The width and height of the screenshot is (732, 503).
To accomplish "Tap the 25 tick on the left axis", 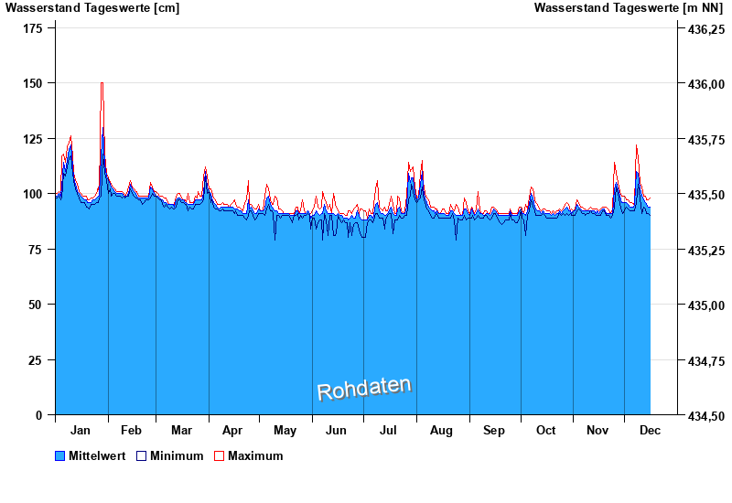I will click(x=38, y=360).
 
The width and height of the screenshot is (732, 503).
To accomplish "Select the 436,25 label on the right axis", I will click(x=705, y=29).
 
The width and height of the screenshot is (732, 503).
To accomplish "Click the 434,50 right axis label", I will click(x=705, y=416).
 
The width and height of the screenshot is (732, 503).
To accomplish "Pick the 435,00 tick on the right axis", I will click(x=705, y=305).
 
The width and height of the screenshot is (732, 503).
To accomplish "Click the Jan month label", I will click(x=81, y=430).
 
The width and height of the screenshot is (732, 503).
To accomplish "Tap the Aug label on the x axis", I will click(x=441, y=430).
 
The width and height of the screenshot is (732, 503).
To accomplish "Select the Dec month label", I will click(x=650, y=430).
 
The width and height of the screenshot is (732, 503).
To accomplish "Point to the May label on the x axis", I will click(x=285, y=430).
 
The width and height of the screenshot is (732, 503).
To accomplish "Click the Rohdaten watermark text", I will click(x=364, y=389).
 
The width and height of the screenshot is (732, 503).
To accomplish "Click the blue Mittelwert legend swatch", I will click(x=60, y=455).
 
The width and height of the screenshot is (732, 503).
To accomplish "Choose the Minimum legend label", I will click(x=177, y=455).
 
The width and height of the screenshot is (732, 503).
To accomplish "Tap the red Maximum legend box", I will click(x=219, y=455).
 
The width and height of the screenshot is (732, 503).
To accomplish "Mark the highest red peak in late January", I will click(x=102, y=83).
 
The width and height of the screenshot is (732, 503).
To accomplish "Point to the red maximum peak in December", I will click(x=636, y=145).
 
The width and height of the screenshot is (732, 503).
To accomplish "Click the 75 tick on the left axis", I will click(x=38, y=250).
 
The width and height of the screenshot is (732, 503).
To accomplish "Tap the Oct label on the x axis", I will click(x=545, y=430).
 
